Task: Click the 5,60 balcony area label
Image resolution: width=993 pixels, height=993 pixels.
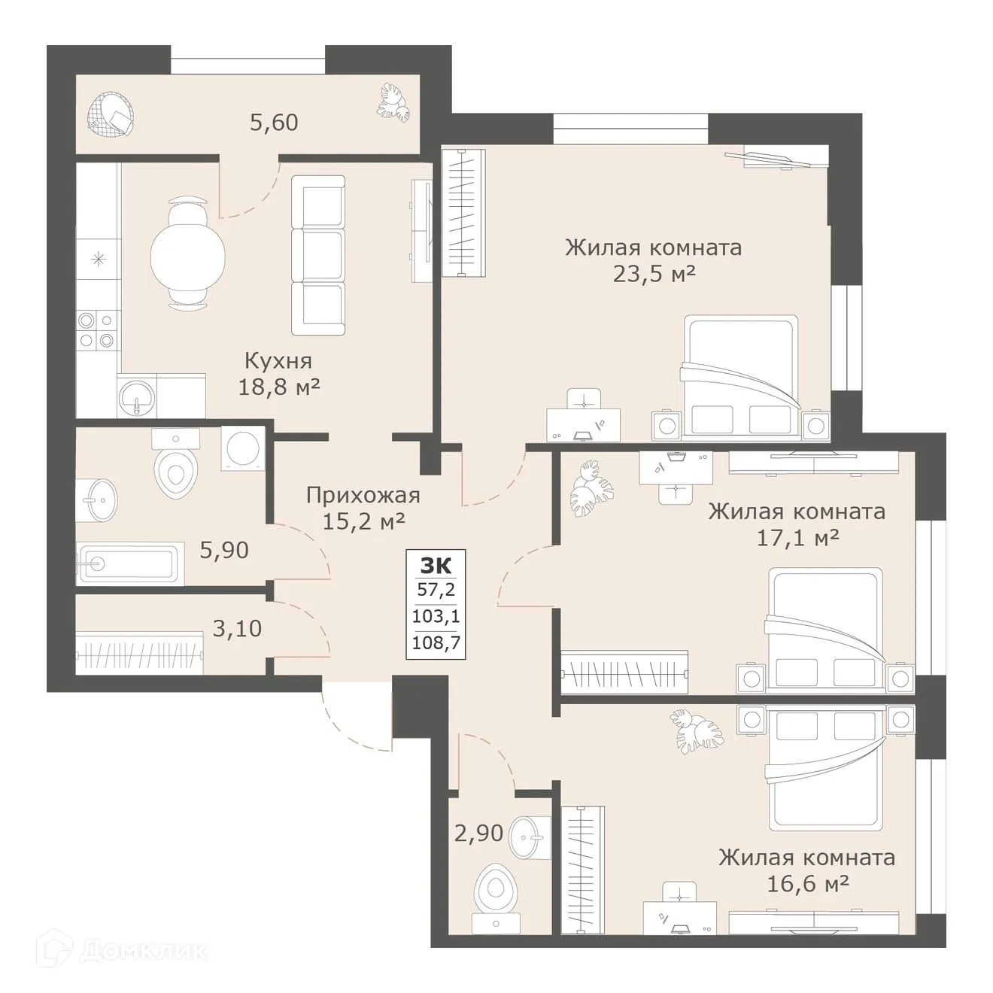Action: [274, 122]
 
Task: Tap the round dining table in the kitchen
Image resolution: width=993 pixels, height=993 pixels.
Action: [187, 254]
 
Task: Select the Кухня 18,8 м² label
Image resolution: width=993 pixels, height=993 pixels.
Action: [278, 374]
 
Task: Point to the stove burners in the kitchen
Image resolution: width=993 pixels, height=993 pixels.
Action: [98, 329]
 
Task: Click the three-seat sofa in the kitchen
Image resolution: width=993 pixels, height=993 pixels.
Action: [317, 256]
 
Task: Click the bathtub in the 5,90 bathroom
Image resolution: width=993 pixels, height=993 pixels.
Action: [129, 563]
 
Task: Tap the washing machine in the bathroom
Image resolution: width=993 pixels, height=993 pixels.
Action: [242, 449]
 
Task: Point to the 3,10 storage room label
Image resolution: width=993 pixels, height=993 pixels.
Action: [237, 627]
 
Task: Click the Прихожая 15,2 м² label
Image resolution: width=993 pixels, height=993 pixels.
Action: [363, 508]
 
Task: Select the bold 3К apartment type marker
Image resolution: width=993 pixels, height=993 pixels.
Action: [436, 564]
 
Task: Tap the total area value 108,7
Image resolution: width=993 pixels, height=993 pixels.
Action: [436, 643]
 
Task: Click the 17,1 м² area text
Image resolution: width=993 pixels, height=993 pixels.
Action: [796, 538]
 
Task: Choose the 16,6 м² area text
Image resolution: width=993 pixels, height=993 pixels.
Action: [807, 884]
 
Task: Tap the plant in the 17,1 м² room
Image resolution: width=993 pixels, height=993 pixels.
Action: [591, 490]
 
